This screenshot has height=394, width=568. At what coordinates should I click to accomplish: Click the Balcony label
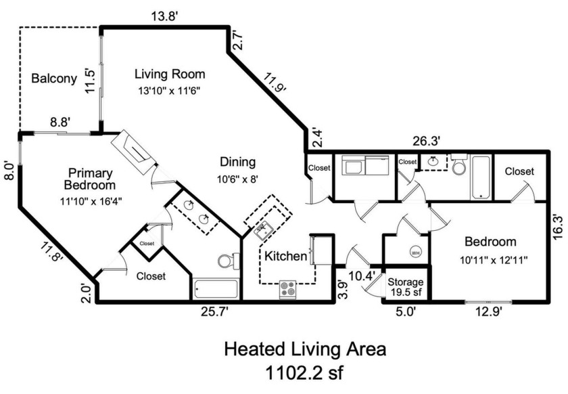(x=54, y=79)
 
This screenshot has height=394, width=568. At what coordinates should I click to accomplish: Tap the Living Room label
(x=169, y=74)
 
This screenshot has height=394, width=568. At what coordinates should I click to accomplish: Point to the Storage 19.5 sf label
(x=405, y=287)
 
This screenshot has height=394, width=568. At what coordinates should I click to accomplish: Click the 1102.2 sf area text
(x=305, y=374)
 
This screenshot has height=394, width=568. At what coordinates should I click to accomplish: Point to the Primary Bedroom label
(x=90, y=179)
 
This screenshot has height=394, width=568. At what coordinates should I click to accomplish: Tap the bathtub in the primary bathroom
(x=216, y=290)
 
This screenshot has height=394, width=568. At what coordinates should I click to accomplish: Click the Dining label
(x=238, y=162)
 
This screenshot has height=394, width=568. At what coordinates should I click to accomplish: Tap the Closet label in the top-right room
(x=519, y=172)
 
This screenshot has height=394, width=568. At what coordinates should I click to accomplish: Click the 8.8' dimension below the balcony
(x=61, y=123)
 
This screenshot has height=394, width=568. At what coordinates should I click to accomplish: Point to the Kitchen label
(x=285, y=257)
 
